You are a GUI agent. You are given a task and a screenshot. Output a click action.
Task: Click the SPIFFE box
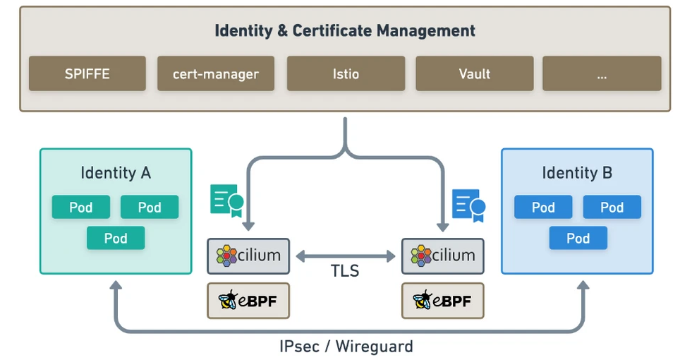click(87, 73)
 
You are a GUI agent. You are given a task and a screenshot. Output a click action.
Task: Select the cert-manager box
click(215, 73)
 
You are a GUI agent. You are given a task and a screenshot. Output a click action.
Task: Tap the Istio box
click(346, 73)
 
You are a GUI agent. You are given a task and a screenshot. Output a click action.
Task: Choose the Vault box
click(474, 73)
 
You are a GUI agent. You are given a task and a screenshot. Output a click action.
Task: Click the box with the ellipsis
click(602, 73)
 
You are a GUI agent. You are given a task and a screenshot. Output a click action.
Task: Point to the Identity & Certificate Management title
click(345, 31)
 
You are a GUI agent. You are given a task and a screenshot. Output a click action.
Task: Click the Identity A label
click(116, 173)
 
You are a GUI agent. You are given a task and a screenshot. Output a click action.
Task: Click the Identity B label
click(577, 173)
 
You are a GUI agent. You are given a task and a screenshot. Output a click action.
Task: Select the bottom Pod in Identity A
click(116, 238)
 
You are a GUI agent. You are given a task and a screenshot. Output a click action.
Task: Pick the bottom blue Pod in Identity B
click(578, 238)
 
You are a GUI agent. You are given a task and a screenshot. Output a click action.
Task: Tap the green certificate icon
click(226, 200)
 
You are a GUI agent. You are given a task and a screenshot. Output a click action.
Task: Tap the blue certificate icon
click(469, 205)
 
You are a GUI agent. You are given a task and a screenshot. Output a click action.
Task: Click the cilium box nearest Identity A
click(248, 256)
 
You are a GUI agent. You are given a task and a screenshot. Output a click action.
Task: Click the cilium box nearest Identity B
click(443, 256)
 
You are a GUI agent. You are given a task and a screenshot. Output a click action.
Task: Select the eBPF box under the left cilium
click(248, 301)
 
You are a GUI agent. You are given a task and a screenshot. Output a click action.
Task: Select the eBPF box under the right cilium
click(443, 301)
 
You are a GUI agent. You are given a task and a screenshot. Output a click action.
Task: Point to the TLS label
click(346, 271)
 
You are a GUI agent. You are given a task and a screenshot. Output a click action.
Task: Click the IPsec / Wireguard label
click(345, 347)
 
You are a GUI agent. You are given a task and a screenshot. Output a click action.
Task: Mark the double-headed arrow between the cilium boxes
click(346, 256)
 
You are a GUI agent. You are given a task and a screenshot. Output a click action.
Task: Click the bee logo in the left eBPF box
click(229, 301)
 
